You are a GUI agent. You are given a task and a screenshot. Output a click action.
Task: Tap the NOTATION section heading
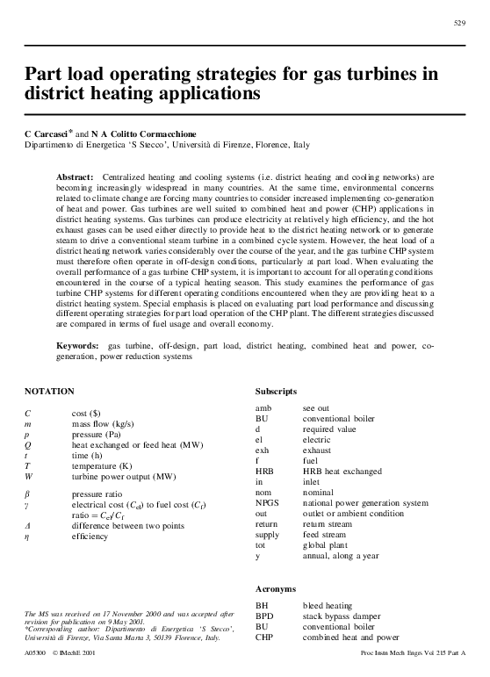(49, 389)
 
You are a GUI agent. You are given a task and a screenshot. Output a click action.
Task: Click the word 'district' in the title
(61, 90)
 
